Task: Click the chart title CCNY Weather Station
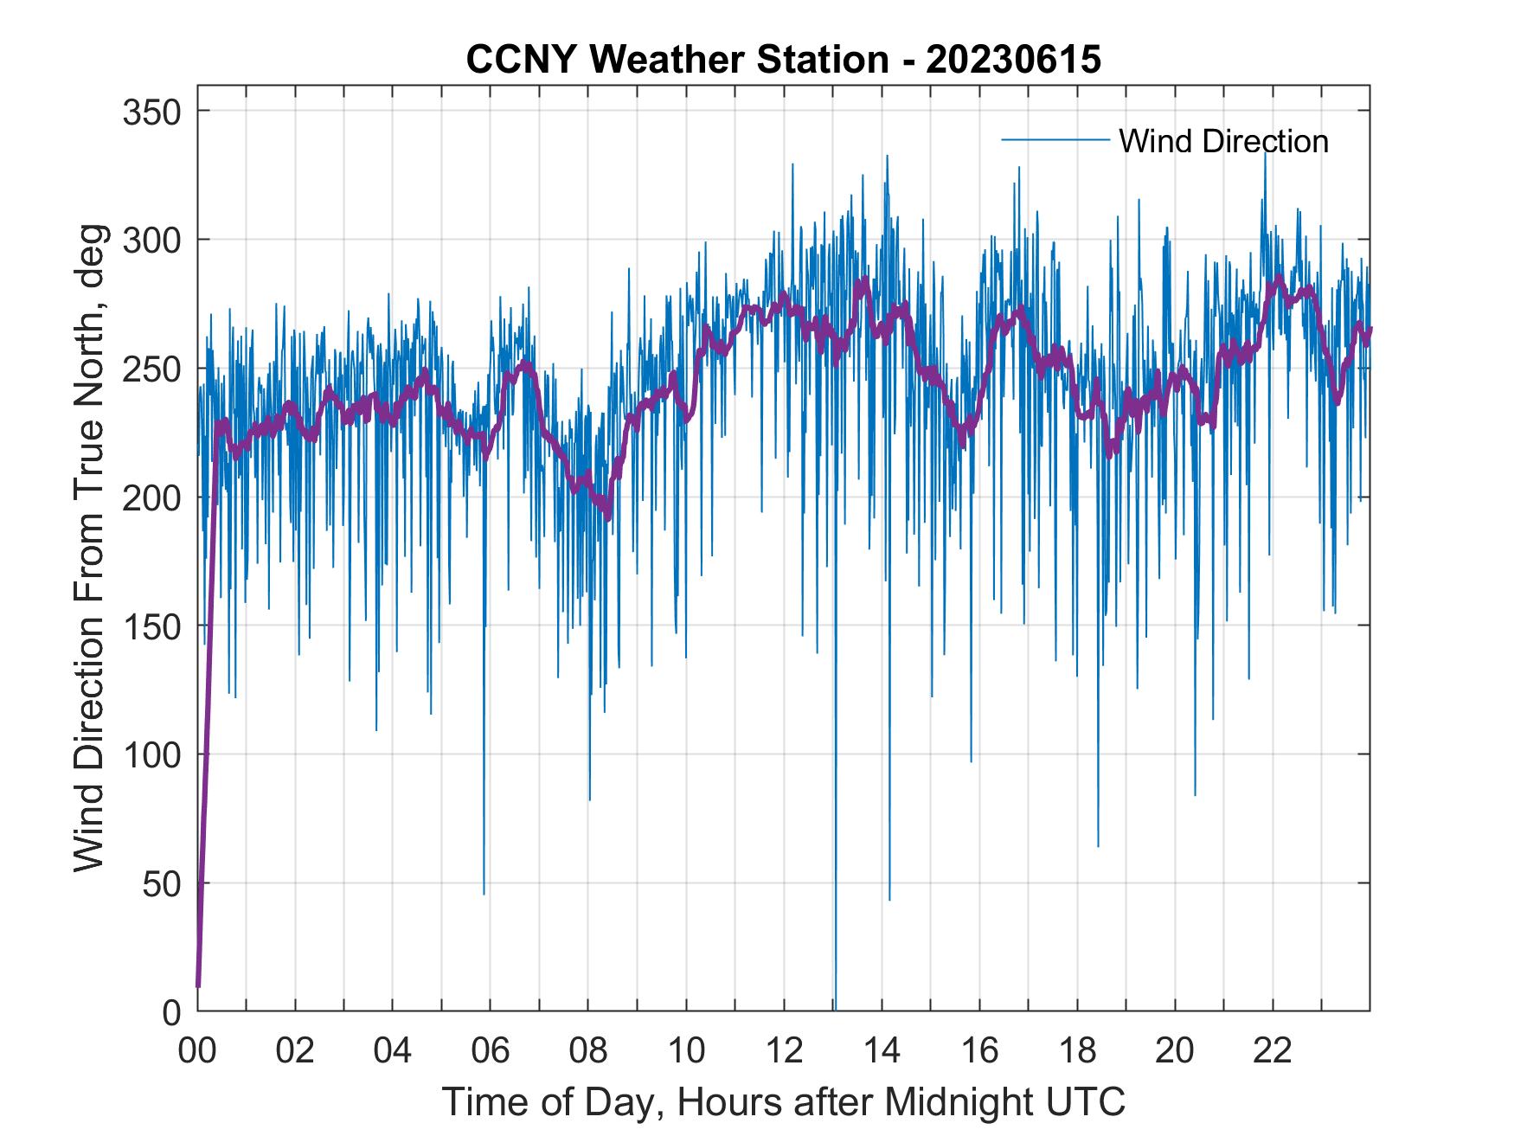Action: tap(677, 60)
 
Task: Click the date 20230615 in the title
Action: tap(1013, 60)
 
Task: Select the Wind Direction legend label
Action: tap(1223, 141)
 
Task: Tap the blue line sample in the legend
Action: tap(1055, 140)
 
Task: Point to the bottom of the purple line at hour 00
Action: tap(198, 985)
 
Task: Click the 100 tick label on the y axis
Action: tap(147, 754)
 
